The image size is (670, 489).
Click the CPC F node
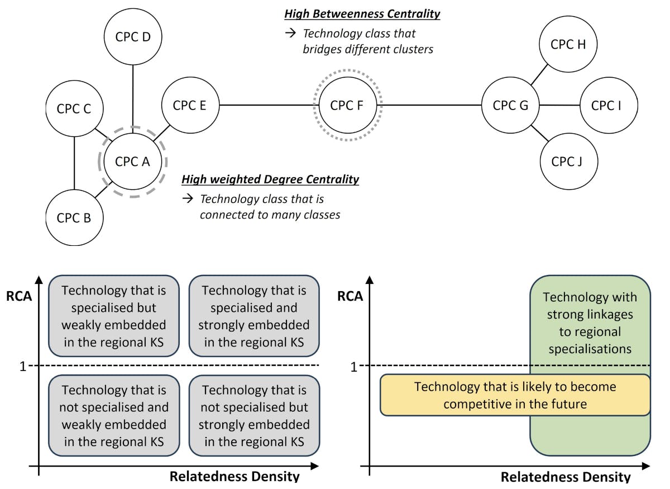[x=347, y=105]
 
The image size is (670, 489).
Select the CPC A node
[x=132, y=162]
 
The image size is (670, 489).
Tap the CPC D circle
[x=132, y=37]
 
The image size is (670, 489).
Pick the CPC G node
[x=510, y=105]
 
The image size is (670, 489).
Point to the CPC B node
[x=74, y=217]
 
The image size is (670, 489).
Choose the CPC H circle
[x=568, y=45]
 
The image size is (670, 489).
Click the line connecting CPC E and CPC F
[x=267, y=105]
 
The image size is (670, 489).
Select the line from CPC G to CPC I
[x=559, y=105]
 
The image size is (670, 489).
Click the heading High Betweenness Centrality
[x=362, y=14]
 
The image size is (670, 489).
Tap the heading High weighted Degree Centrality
[x=270, y=179]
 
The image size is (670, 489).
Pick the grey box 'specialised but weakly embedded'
[x=114, y=316]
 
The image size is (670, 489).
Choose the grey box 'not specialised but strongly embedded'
[x=254, y=415]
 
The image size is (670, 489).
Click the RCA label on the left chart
[x=19, y=296]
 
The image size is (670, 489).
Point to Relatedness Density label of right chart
[x=565, y=477]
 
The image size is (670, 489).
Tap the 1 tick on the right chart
[x=353, y=367]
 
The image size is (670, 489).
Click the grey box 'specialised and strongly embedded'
[x=254, y=316]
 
